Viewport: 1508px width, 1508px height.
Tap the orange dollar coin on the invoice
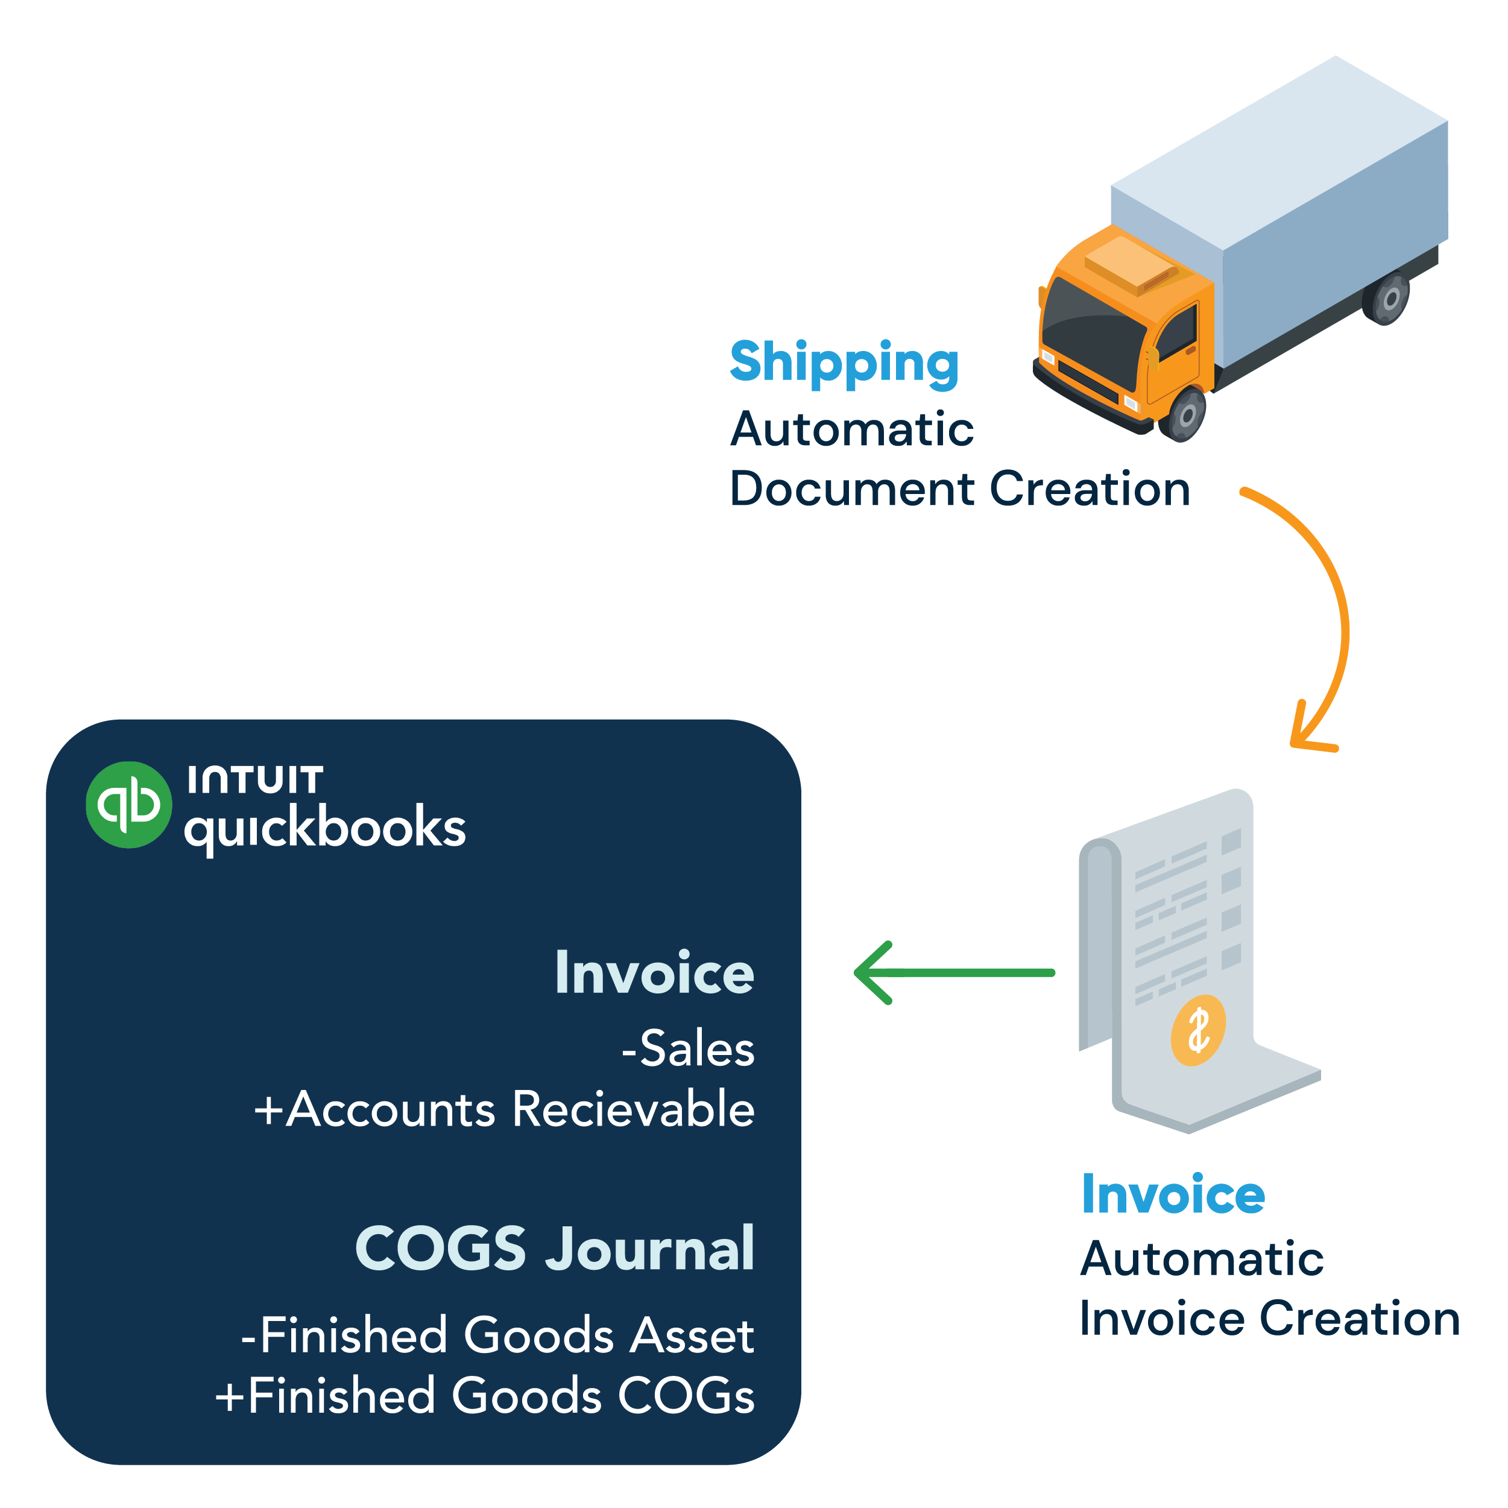click(1197, 1030)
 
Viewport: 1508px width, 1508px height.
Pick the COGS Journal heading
click(554, 1248)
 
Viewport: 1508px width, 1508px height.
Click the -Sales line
click(687, 1049)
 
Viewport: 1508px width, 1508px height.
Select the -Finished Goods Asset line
click(497, 1335)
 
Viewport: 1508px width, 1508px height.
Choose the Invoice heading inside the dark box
click(654, 973)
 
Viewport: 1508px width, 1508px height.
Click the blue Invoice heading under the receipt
click(1172, 1195)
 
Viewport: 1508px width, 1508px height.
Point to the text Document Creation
click(959, 490)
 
